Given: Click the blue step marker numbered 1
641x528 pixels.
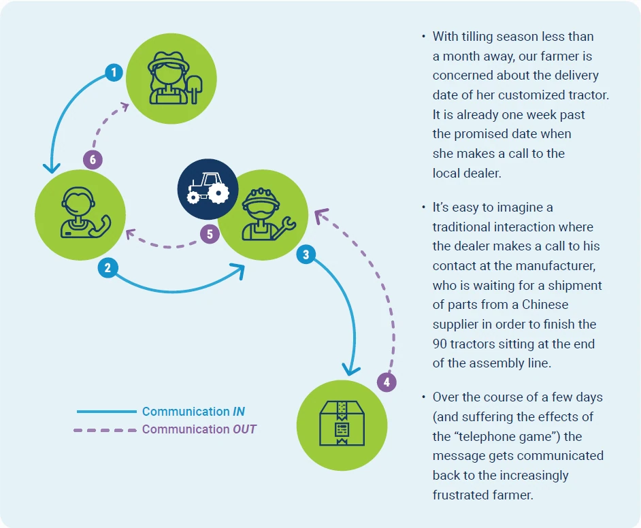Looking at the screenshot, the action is [x=114, y=73].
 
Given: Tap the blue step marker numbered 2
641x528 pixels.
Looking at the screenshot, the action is [x=108, y=268].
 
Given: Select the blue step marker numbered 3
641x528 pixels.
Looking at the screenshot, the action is [x=306, y=254].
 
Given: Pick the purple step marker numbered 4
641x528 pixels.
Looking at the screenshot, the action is [x=387, y=382].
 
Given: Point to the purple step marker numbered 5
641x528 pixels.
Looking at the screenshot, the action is [x=210, y=234].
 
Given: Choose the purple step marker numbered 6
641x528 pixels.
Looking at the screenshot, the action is [x=93, y=159].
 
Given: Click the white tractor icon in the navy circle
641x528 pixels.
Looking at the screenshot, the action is [x=208, y=188].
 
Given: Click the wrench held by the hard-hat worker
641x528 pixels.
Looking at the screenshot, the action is [x=284, y=227].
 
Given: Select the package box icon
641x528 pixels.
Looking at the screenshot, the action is [x=342, y=423].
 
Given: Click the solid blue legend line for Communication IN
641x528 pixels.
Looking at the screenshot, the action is [x=107, y=412].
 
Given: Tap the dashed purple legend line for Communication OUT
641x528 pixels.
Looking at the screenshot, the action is [x=105, y=430].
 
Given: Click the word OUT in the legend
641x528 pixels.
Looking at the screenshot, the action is [x=244, y=429].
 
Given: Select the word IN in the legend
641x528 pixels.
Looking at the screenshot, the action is [x=239, y=412].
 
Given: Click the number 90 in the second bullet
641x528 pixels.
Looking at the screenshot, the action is [x=440, y=344].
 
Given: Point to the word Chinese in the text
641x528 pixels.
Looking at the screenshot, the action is [x=545, y=304].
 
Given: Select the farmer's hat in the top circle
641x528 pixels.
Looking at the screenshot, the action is [x=169, y=61].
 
